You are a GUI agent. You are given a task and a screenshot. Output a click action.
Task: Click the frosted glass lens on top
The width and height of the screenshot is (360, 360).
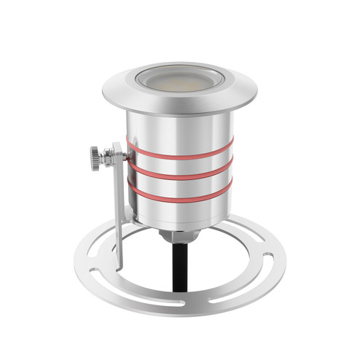click(179, 79)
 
